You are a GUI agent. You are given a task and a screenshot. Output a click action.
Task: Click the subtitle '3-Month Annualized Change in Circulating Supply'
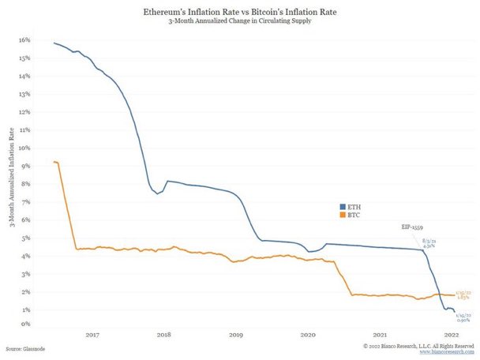pyautogui.click(x=239, y=24)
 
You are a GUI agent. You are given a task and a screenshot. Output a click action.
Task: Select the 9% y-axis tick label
pyautogui.click(x=26, y=165)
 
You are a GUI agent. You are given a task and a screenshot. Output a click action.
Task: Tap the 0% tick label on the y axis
pyautogui.click(x=26, y=324)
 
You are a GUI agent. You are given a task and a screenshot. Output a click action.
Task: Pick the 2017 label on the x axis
pyautogui.click(x=92, y=335)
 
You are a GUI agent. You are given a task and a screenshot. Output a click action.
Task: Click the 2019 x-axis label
pyautogui.click(x=236, y=335)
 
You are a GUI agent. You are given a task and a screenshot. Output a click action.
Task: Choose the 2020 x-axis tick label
pyautogui.click(x=308, y=335)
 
